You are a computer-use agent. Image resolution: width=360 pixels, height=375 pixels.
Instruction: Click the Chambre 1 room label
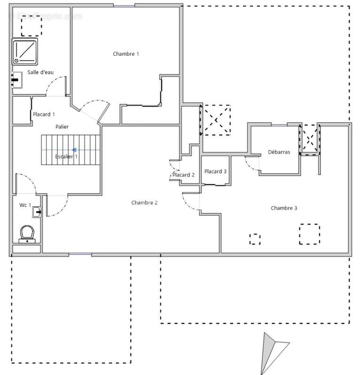click(126, 54)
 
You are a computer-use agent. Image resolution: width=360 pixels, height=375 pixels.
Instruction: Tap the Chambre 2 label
click(144, 202)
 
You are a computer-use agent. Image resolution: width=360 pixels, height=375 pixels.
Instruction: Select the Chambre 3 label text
click(283, 208)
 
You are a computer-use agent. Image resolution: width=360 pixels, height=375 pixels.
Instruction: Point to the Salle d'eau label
click(40, 72)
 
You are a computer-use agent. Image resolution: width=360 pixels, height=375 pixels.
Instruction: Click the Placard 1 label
click(44, 114)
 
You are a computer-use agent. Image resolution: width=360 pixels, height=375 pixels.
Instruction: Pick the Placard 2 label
click(183, 175)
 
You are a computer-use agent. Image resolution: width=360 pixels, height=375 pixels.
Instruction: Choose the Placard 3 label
click(215, 171)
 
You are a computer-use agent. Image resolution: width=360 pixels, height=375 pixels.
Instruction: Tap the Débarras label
click(279, 152)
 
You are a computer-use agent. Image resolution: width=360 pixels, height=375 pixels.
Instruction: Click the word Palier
click(62, 127)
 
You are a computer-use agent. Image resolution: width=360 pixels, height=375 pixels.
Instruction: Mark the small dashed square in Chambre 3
click(254, 239)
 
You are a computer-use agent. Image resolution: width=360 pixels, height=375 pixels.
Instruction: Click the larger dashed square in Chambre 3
click(309, 234)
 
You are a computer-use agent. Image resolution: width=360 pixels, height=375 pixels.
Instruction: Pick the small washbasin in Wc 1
click(37, 212)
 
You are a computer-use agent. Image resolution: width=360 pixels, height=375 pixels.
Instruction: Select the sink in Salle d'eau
click(17, 80)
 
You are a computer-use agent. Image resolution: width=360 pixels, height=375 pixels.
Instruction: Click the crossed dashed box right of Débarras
click(310, 139)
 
